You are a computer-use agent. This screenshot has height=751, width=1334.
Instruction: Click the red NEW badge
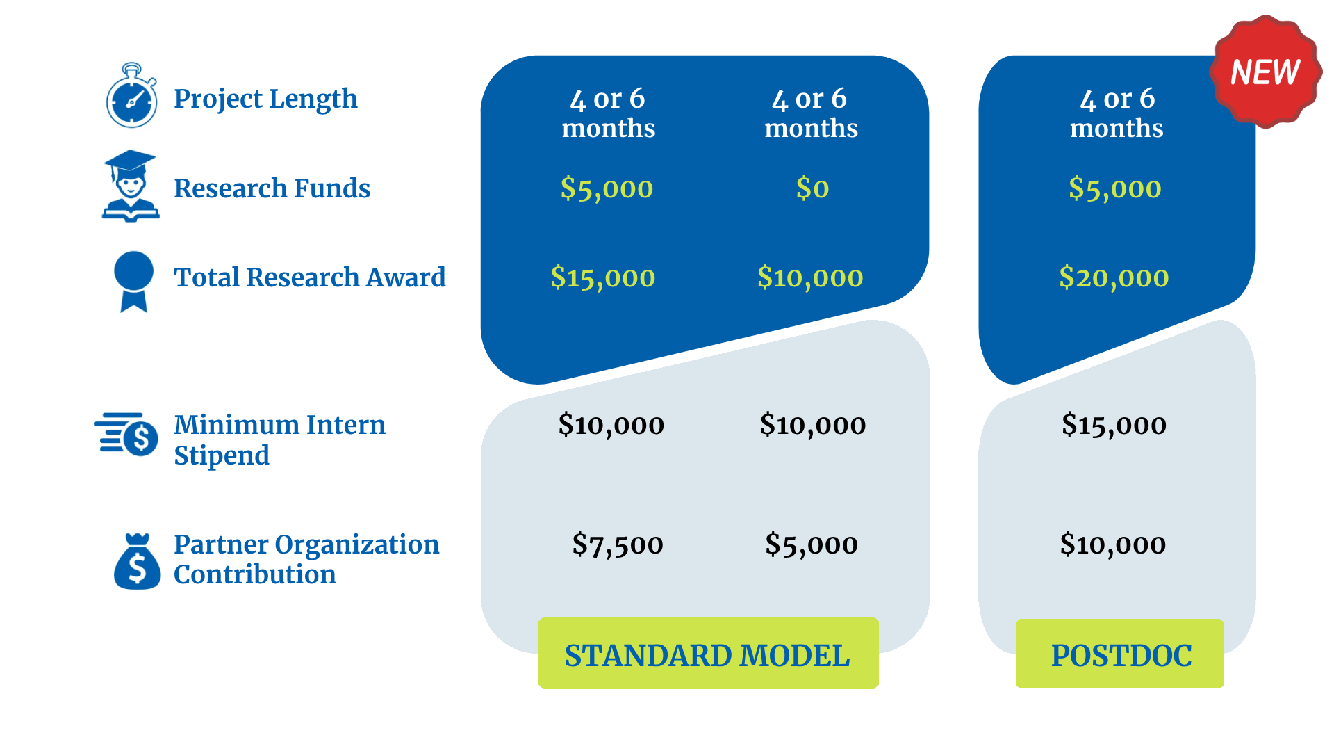[1265, 72]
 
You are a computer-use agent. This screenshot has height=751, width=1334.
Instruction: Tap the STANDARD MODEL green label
[707, 654]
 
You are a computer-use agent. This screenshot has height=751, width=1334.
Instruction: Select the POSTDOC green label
[1120, 654]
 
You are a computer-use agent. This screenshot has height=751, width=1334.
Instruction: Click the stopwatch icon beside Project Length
[131, 97]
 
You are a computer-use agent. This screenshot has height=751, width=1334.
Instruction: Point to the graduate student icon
[131, 186]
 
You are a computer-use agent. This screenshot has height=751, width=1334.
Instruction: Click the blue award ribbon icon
[133, 280]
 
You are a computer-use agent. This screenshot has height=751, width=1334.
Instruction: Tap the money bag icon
[137, 562]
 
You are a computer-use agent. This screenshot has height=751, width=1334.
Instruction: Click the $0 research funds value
[812, 188]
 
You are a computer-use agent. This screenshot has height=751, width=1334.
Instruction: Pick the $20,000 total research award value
[1114, 277]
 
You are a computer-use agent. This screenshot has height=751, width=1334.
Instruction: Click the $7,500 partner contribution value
[617, 544]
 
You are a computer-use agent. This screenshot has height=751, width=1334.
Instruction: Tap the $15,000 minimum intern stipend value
[1114, 425]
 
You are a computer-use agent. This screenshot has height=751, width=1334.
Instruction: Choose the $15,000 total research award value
[602, 277]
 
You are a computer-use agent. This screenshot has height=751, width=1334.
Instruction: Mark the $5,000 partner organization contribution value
[811, 544]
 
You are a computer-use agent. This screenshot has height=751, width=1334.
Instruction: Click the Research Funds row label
[272, 188]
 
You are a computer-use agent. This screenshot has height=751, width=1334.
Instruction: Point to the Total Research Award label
[309, 277]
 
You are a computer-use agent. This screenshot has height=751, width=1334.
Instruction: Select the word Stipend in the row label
[221, 455]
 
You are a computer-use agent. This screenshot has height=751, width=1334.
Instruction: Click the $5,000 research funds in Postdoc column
[1114, 188]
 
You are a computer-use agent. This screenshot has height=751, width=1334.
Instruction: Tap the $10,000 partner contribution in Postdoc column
[1112, 544]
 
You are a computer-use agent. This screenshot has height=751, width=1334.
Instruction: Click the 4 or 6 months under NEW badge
[1117, 113]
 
